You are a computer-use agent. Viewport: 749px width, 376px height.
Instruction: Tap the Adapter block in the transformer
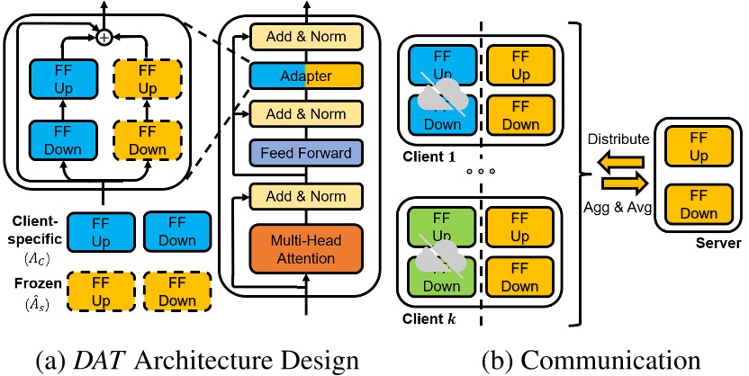pyautogui.click(x=304, y=76)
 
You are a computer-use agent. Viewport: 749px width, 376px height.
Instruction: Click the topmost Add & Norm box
pyautogui.click(x=304, y=37)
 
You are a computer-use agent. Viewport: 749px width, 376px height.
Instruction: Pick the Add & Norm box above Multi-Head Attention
pyautogui.click(x=304, y=194)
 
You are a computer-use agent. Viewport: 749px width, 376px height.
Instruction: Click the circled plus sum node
pyautogui.click(x=104, y=37)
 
